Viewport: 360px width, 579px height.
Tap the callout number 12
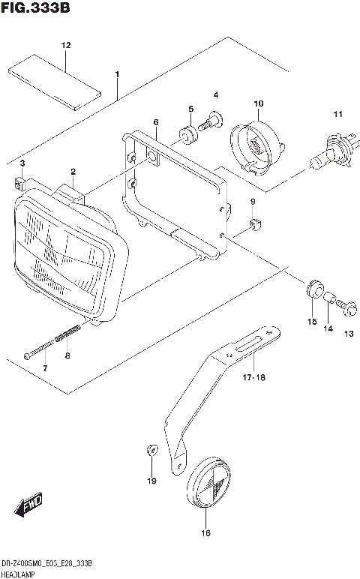coord(66,46)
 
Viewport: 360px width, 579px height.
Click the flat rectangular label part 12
coord(54,82)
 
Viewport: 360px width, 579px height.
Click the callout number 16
coord(205,533)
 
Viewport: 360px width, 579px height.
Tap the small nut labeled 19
coord(150,451)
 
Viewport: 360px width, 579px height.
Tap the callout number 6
coord(155,121)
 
